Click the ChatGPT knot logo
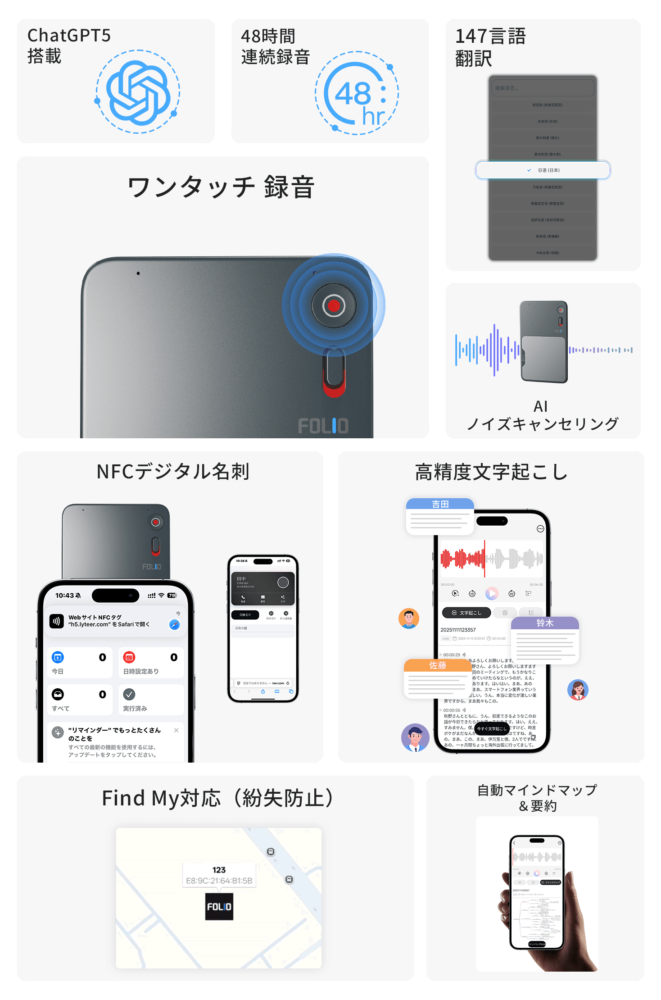138,92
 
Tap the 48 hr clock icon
357,94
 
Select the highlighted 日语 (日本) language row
543,170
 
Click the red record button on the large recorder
334,305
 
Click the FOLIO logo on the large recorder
323,426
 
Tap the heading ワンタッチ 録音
221,187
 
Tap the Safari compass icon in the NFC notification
174,624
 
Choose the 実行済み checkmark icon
129,694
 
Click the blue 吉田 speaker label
440,505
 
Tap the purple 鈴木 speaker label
545,623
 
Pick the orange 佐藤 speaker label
437,665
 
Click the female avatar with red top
578,690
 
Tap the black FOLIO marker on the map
219,906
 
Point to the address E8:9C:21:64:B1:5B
219,881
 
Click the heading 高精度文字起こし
491,472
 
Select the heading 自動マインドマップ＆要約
537,797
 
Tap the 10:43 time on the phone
65,595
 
